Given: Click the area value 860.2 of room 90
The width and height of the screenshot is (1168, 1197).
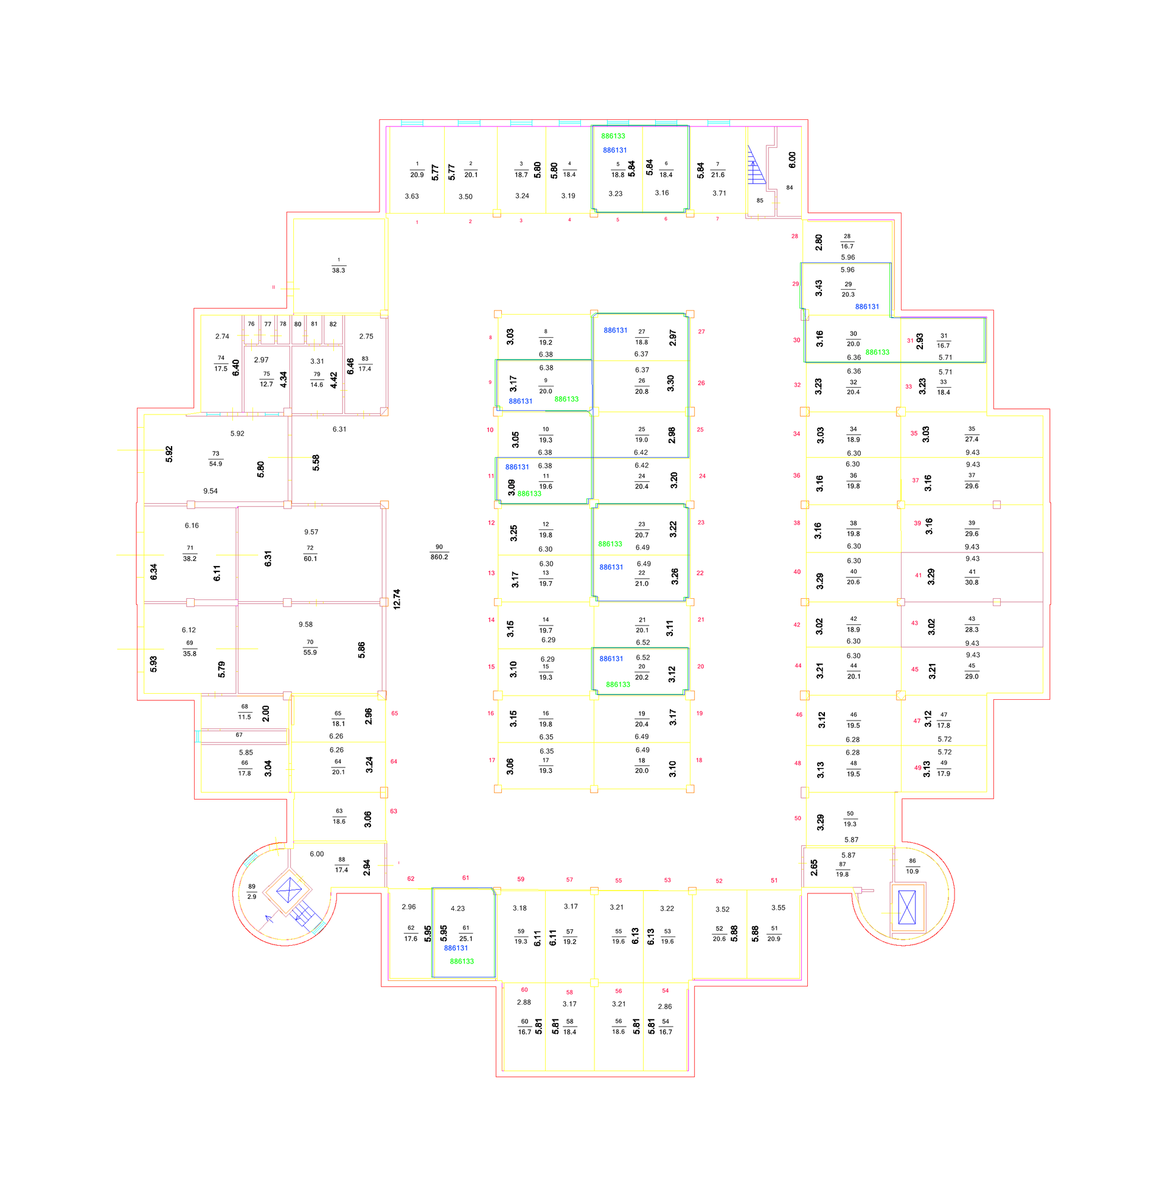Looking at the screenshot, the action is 439,557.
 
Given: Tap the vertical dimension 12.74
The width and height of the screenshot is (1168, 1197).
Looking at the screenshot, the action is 397,599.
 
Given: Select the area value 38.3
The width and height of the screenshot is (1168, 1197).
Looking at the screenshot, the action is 339,270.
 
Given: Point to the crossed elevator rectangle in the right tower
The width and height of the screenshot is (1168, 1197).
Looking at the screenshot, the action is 906,907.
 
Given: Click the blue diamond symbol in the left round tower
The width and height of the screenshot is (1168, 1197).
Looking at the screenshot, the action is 289,890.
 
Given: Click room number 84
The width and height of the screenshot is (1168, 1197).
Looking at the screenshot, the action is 790,188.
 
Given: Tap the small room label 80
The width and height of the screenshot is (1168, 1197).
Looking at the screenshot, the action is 297,324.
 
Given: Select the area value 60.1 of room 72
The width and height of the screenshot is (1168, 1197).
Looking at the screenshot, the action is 310,558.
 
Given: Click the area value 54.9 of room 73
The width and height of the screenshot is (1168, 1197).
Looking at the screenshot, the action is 216,464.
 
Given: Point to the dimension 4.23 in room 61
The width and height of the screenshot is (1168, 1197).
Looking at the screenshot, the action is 457,909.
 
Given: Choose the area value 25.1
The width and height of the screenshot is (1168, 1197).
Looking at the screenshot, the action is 466,938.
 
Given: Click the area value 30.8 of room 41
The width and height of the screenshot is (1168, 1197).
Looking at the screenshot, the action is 972,582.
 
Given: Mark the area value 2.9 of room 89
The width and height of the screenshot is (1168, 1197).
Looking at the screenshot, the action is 251,896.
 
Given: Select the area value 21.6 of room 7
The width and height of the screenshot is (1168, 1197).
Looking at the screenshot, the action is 718,175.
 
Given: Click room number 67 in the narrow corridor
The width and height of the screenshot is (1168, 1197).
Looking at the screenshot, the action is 239,735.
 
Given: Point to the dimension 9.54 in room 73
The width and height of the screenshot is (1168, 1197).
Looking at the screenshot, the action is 210,491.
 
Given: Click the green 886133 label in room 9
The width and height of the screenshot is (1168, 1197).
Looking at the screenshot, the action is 566,399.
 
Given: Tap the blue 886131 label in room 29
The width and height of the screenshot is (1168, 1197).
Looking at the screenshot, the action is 867,307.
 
